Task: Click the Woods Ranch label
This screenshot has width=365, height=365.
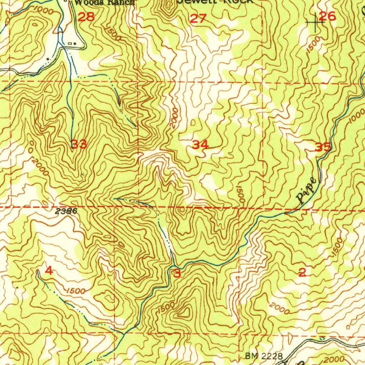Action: point(104,2)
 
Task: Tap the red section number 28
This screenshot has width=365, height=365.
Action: point(86,17)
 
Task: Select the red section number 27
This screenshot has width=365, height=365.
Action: point(198,19)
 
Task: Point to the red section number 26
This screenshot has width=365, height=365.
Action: point(327,16)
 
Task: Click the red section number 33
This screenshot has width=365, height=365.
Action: point(79,144)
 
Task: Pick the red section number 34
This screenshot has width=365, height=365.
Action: point(200,145)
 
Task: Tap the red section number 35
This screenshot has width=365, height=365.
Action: point(323,146)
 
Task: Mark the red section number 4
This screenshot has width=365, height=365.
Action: point(49,271)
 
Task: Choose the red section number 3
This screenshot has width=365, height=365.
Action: point(177,274)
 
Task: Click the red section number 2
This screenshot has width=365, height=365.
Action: point(302,273)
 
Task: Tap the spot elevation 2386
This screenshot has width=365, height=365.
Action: point(66,211)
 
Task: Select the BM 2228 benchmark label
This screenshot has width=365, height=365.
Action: point(264,356)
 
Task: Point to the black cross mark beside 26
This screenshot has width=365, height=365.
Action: point(315,22)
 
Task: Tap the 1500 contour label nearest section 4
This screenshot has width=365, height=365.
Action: point(75,291)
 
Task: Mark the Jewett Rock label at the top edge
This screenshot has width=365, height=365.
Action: point(216,1)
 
